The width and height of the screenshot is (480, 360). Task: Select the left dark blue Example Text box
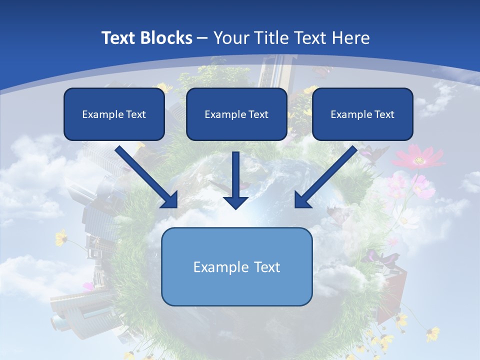114,114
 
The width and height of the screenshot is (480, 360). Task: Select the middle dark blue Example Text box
236,114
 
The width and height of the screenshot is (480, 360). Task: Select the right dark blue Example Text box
362,114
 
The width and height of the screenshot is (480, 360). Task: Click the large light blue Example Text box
236,266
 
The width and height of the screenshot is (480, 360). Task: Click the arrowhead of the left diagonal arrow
170,200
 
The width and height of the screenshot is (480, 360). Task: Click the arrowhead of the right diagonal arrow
302,200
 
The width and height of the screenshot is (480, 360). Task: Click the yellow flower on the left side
61,237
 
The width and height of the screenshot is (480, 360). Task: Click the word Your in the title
230,38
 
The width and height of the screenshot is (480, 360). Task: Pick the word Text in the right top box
384,114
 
